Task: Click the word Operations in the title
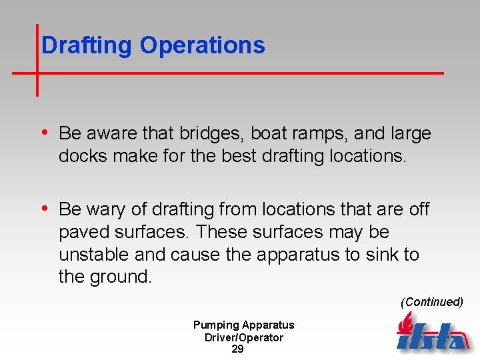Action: (x=203, y=45)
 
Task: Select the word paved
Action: (x=82, y=232)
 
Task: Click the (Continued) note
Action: (x=431, y=302)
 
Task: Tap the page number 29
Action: (x=237, y=349)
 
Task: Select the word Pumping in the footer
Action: (x=215, y=325)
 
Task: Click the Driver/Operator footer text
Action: (x=244, y=337)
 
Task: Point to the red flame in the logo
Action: (x=405, y=325)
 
